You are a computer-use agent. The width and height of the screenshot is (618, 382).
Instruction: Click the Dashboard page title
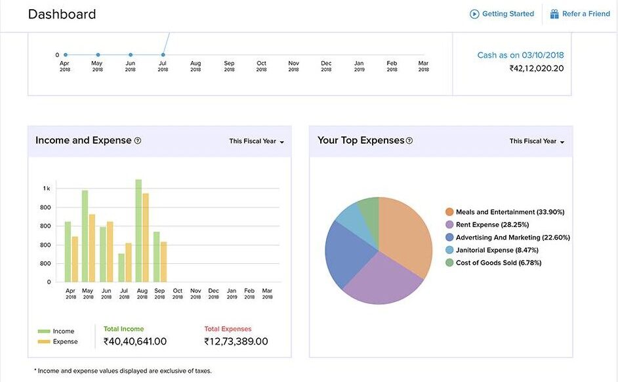pos(62,14)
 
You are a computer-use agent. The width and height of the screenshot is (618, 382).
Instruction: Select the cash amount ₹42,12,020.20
pos(536,68)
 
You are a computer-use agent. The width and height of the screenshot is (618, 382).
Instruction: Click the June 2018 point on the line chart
pos(131,55)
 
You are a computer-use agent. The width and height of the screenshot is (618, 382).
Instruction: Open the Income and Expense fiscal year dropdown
pos(257,141)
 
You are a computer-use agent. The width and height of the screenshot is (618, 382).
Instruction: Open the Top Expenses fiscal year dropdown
pos(537,141)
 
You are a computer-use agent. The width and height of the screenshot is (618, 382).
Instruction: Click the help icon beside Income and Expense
pos(138,140)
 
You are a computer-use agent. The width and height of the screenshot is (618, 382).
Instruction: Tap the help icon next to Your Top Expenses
pos(409,140)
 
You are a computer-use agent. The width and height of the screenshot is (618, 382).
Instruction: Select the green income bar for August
pos(138,230)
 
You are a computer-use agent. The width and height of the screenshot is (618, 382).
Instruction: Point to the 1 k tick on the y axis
pos(47,188)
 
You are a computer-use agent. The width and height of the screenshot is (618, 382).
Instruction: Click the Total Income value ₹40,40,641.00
pos(135,341)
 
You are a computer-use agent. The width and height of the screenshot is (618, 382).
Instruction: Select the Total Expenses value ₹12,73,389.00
pos(236,341)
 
